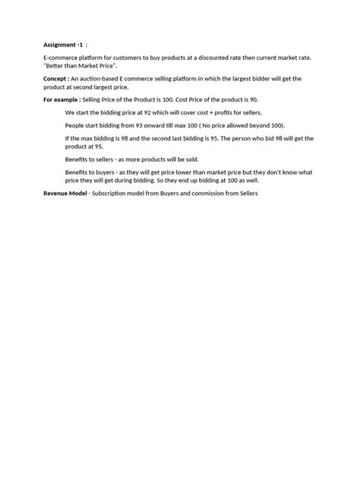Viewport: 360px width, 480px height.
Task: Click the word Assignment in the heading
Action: click(x=57, y=45)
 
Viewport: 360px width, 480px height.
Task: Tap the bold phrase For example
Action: click(x=62, y=99)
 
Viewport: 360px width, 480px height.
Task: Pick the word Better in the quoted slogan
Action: click(x=56, y=67)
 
